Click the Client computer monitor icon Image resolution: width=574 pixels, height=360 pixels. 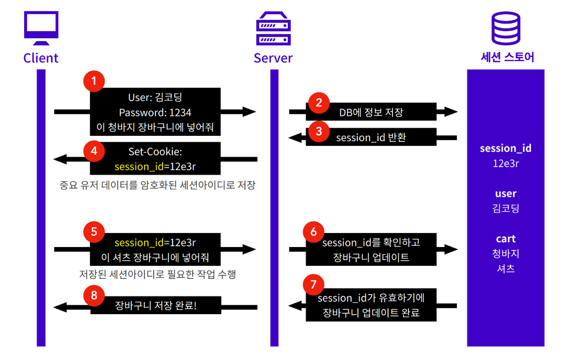(41, 27)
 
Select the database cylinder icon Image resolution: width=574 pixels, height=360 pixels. (506, 29)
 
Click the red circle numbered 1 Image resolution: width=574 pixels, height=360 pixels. (94, 81)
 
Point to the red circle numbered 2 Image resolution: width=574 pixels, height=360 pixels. (318, 103)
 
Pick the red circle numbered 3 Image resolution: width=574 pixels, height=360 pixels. (318, 131)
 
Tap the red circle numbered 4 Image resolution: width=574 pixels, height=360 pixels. (94, 150)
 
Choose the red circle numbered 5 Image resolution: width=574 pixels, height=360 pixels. (94, 231)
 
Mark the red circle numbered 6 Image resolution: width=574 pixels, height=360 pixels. (313, 231)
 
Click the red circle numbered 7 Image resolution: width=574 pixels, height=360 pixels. (313, 285)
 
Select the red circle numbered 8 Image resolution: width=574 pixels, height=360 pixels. (94, 295)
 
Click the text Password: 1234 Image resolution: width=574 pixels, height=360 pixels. (155, 112)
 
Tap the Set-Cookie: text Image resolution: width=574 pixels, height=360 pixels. (155, 152)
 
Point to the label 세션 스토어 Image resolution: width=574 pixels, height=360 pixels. (506, 58)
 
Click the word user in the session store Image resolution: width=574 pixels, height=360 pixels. (506, 194)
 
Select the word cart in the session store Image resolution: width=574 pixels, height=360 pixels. (506, 238)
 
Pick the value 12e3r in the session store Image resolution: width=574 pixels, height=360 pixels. (506, 162)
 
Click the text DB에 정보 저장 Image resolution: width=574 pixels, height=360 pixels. (371, 112)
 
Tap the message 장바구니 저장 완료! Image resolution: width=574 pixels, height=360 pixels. (155, 305)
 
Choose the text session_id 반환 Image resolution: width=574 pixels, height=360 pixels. (371, 138)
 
